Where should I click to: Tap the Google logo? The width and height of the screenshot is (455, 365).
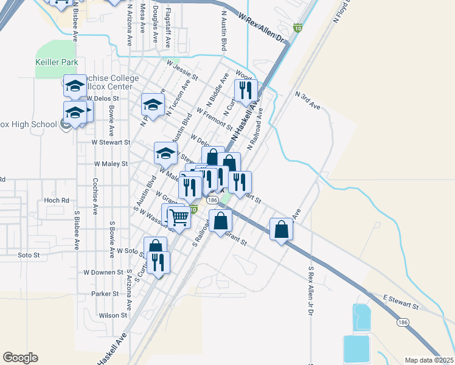click(x=20, y=357)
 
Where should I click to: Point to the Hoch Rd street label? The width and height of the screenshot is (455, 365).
click(x=57, y=200)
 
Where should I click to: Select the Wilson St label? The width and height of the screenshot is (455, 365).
click(x=113, y=315)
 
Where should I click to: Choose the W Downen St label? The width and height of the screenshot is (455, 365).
click(x=103, y=272)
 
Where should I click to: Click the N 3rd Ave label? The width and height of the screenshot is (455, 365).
click(x=308, y=100)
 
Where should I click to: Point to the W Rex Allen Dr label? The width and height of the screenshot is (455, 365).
click(x=262, y=29)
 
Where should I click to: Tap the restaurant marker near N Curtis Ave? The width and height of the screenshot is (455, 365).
click(x=246, y=91)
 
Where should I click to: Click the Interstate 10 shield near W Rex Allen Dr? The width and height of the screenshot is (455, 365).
click(x=297, y=28)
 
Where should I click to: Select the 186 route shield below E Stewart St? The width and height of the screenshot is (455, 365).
click(x=403, y=322)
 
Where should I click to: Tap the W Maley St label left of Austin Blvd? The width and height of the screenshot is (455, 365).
click(x=111, y=164)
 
